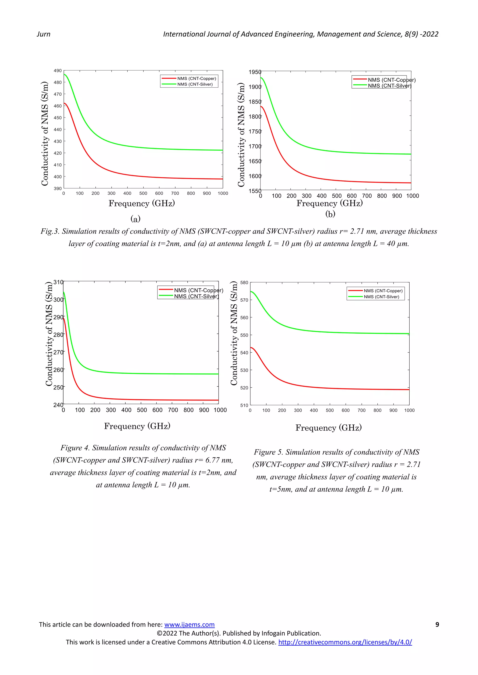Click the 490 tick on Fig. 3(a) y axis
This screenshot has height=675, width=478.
[58, 71]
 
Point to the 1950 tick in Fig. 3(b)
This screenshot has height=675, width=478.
[255, 72]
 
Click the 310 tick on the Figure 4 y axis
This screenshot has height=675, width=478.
[58, 282]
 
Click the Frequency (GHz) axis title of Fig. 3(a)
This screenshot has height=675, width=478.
[142, 203]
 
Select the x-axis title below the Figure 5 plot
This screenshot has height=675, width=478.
[328, 427]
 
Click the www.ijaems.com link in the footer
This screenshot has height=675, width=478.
[189, 624]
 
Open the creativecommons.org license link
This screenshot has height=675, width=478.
[345, 642]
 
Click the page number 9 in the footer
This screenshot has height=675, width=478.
[437, 624]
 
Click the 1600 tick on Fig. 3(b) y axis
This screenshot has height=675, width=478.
[255, 176]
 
